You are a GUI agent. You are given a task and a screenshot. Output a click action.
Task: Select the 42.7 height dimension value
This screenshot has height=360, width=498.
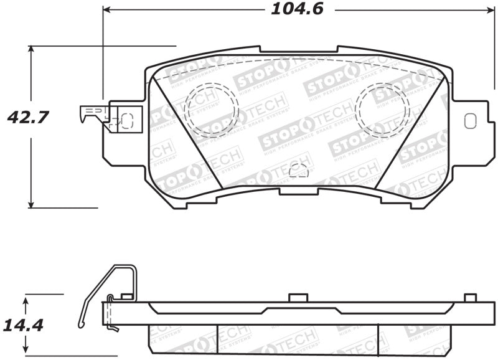[x=27, y=116]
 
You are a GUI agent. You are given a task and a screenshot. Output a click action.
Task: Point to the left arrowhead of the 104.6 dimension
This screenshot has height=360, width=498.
[x=106, y=10]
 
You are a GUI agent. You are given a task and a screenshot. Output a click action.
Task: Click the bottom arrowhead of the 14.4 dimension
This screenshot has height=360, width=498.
[x=26, y=351]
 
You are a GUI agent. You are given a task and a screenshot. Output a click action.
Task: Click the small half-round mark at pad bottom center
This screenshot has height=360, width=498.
[x=298, y=169]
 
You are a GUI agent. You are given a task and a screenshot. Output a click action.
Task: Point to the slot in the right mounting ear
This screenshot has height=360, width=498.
[x=470, y=120]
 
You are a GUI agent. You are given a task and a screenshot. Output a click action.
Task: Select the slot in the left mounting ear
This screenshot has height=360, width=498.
[x=127, y=120]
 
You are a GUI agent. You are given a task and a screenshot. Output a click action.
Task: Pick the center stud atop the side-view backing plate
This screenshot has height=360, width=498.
[x=299, y=298]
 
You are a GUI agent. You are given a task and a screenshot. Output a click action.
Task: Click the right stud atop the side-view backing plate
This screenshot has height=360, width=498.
[x=470, y=298]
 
